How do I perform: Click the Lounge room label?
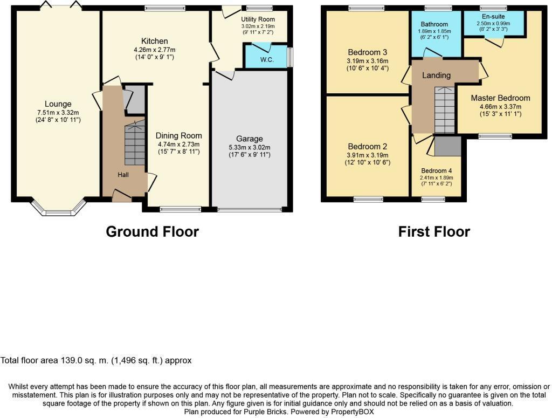click(58, 104)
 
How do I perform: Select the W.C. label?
click(267, 60)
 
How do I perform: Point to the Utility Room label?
click(258, 19)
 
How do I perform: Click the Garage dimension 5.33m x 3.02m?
click(250, 147)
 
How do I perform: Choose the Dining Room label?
click(179, 135)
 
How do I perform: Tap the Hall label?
click(123, 175)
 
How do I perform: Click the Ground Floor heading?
click(152, 232)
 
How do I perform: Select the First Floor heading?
click(434, 232)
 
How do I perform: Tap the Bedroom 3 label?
click(367, 52)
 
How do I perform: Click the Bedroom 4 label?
click(437, 170)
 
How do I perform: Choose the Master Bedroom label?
click(500, 98)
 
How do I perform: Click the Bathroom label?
click(434, 24)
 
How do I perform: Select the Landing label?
click(436, 76)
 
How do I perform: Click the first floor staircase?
click(445, 111)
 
